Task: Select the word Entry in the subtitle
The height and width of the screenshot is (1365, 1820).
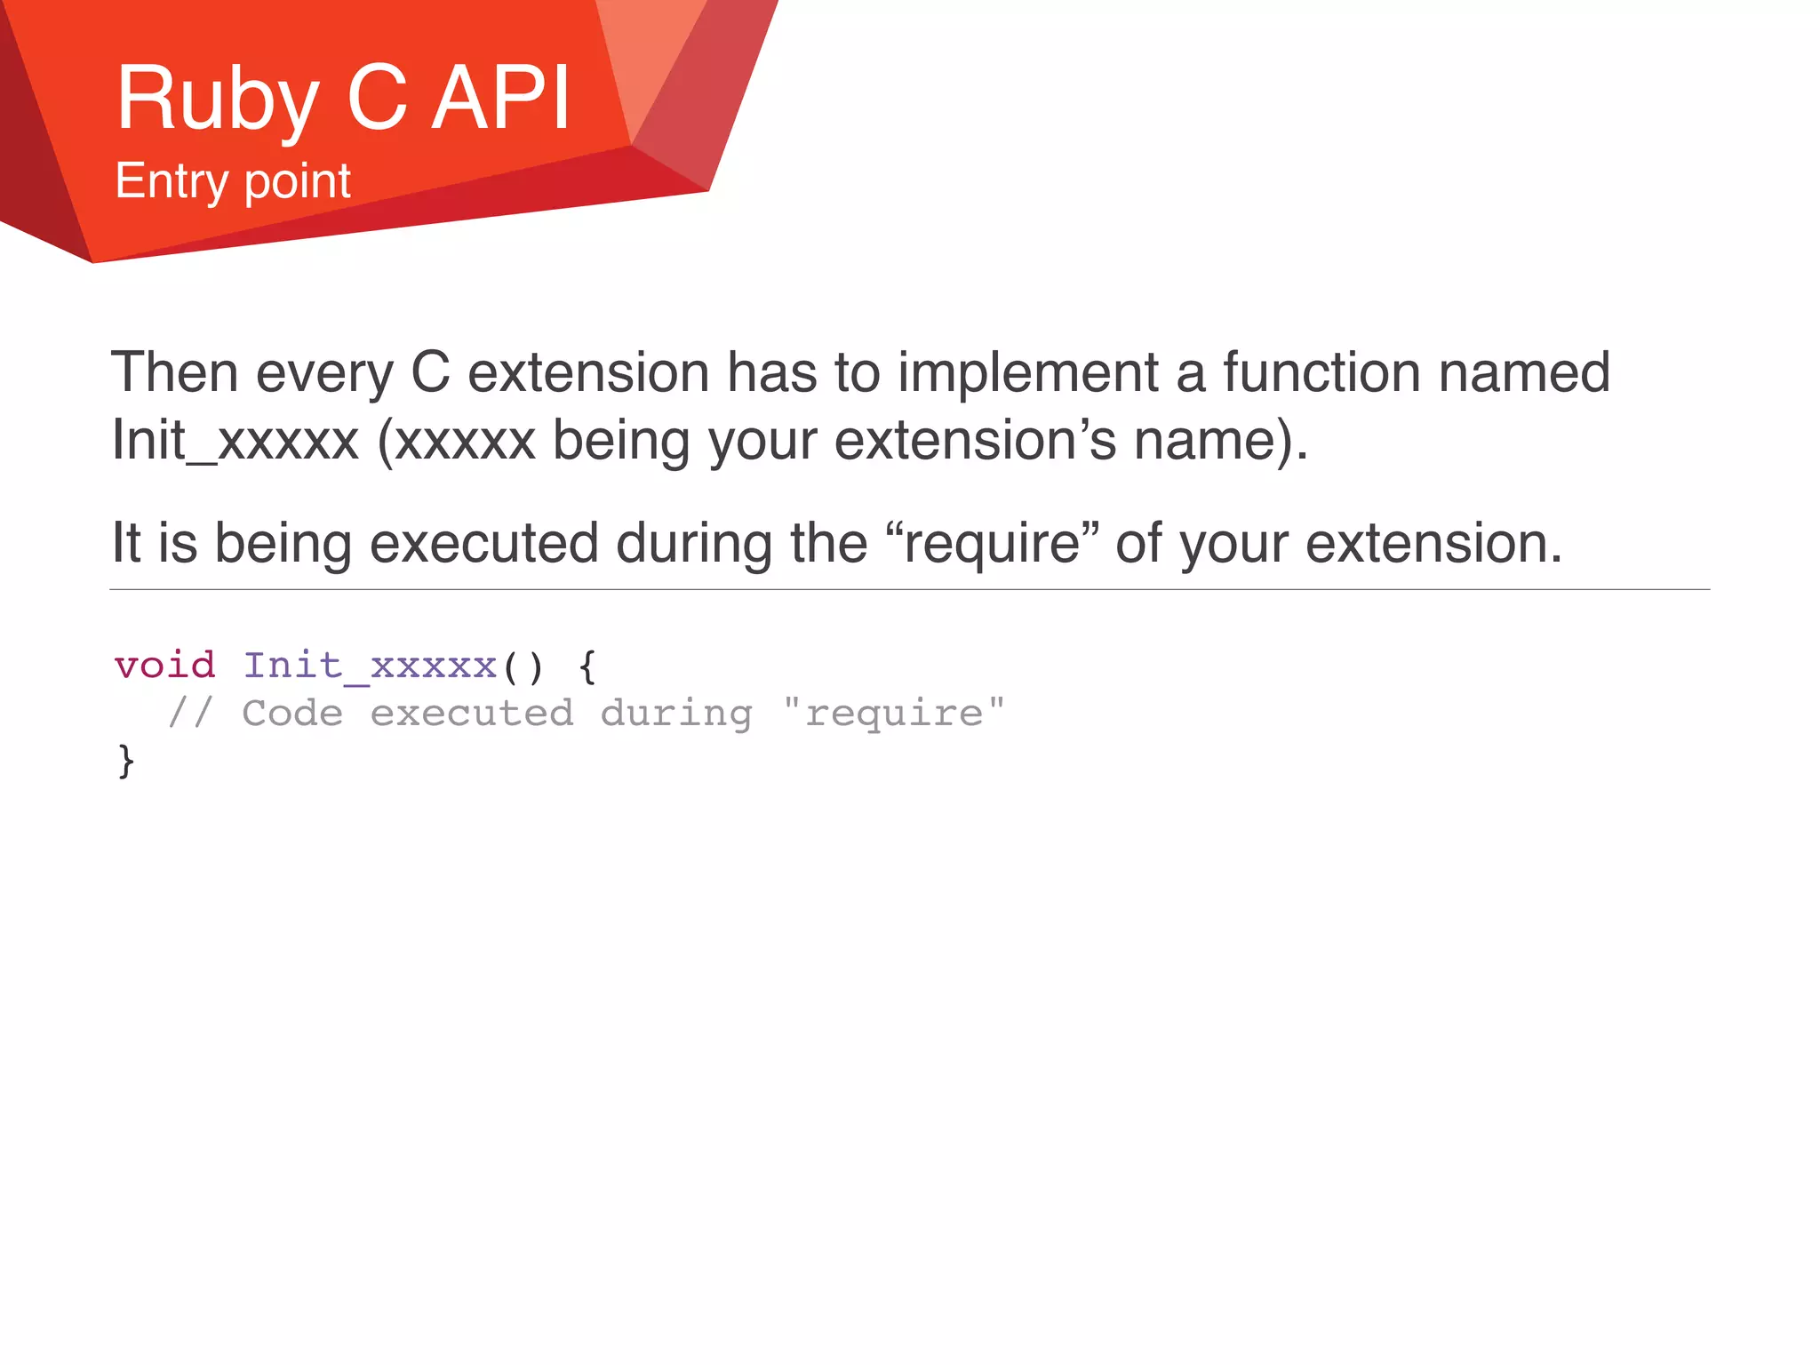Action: pos(172,181)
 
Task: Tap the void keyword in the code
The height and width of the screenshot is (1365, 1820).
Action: pos(165,666)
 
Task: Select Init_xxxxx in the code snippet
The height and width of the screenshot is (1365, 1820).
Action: pos(370,666)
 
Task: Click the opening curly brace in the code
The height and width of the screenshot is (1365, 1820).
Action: pos(587,667)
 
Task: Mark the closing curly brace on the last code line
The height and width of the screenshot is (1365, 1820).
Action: pos(126,762)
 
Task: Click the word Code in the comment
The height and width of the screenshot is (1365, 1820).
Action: pos(292,714)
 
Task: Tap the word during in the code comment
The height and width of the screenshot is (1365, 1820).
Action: pos(676,714)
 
